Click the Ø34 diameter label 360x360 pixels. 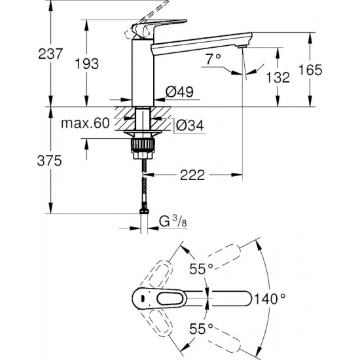tap(189, 125)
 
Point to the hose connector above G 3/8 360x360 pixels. tap(143, 212)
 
